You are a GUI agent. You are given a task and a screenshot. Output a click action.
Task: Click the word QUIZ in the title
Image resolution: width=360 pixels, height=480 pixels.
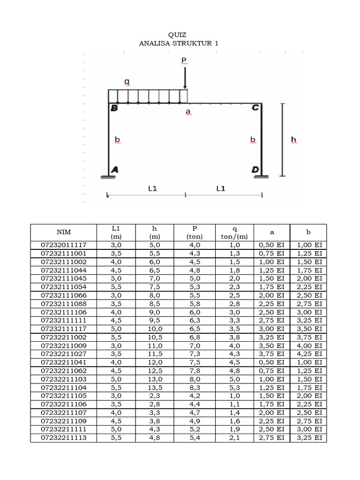[x=177, y=35]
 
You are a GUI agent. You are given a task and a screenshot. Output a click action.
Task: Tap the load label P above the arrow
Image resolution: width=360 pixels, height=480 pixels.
[x=184, y=61]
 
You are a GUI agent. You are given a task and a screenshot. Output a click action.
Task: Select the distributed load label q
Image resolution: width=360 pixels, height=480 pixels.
[x=127, y=82]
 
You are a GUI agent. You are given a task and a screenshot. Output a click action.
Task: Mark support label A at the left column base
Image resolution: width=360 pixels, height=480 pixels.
[x=114, y=171]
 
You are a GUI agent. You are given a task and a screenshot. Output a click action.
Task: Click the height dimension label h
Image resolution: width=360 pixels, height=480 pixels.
[x=294, y=139]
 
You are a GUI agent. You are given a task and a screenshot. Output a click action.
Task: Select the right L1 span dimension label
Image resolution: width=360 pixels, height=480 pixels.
[x=221, y=188]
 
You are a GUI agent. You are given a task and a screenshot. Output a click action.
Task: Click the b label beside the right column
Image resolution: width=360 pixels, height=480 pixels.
[x=253, y=140]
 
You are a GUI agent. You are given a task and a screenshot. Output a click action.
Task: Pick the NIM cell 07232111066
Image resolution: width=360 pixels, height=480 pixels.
[x=64, y=295]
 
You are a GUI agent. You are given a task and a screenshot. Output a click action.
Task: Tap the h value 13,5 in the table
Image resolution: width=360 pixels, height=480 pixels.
[x=155, y=388]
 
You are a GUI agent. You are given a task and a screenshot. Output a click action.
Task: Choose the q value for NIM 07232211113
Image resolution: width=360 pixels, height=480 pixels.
[x=234, y=438]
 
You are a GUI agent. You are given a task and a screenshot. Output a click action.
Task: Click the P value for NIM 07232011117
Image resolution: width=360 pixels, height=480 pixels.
[x=195, y=245]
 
